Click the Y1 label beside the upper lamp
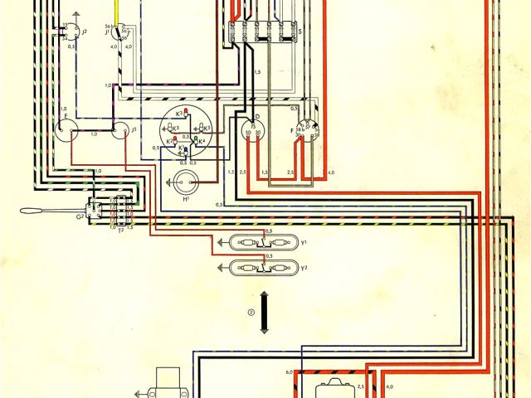[x=304, y=243]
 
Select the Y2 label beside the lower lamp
[x=304, y=269]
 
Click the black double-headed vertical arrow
[x=264, y=312]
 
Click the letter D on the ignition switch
[x=257, y=118]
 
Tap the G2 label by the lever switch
[x=80, y=216]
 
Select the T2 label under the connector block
[x=120, y=228]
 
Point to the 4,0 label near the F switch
[x=331, y=172]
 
